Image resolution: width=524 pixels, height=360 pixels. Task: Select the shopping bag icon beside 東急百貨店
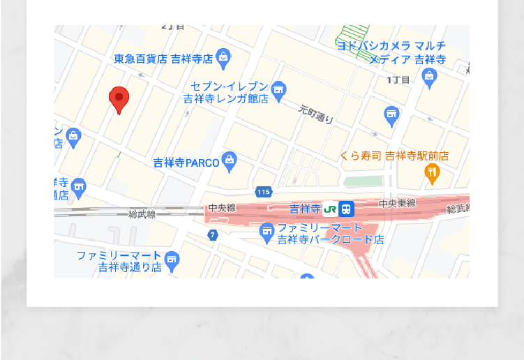(x=223, y=56)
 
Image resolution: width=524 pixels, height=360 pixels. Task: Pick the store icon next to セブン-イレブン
(x=279, y=89)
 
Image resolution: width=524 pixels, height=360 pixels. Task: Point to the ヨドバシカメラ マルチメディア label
(x=391, y=52)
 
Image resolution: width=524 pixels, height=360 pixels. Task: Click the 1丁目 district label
(x=398, y=80)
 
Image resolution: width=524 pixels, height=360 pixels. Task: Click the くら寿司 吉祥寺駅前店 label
(x=394, y=156)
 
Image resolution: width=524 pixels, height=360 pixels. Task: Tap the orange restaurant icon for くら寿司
(x=433, y=172)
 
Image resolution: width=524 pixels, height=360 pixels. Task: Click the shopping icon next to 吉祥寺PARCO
(x=230, y=161)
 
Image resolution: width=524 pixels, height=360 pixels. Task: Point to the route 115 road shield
(x=263, y=192)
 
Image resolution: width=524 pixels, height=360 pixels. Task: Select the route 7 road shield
(x=212, y=234)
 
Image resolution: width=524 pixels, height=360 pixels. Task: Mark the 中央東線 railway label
(x=397, y=203)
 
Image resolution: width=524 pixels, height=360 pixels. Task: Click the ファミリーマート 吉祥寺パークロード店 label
(x=330, y=234)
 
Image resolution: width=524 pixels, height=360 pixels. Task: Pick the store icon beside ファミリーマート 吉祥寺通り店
(x=172, y=262)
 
